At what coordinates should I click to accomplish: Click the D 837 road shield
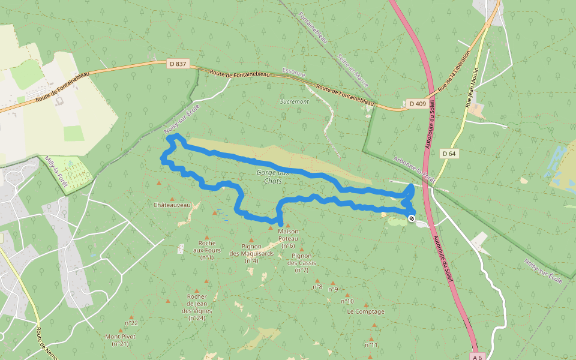pyautogui.click(x=178, y=64)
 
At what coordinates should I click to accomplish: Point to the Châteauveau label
pyautogui.click(x=172, y=205)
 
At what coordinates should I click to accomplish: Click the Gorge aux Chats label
pyautogui.click(x=272, y=176)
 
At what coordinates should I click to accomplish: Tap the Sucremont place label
pyautogui.click(x=295, y=101)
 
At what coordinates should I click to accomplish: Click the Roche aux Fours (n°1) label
pyautogui.click(x=206, y=250)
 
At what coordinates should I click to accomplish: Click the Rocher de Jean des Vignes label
pyautogui.click(x=197, y=307)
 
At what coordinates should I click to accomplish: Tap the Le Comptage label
pyautogui.click(x=365, y=311)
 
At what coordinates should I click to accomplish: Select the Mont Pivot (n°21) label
pyautogui.click(x=120, y=340)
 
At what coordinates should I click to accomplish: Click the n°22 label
pyautogui.click(x=131, y=323)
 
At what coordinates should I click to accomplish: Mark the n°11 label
pyautogui.click(x=371, y=344)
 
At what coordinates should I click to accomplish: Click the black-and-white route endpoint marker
pyautogui.click(x=412, y=218)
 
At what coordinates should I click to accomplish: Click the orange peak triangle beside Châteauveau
pyautogui.click(x=172, y=199)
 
